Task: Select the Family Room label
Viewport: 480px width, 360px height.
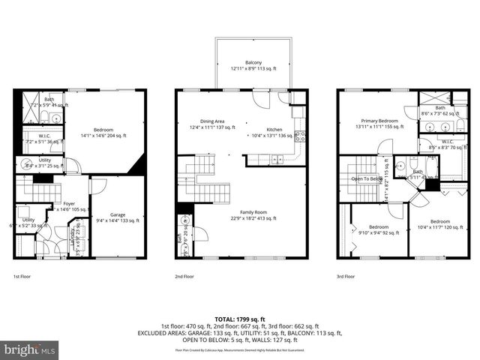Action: tap(253, 215)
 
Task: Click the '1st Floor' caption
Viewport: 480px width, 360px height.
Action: tap(22, 275)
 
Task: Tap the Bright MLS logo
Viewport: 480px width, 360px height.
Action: tap(30, 349)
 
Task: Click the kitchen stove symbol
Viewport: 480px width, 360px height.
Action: tap(300, 136)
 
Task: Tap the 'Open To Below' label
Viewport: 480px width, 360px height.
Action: tap(368, 178)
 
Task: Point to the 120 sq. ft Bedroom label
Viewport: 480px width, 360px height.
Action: tap(439, 224)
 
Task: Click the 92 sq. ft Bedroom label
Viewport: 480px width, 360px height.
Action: tap(378, 229)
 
